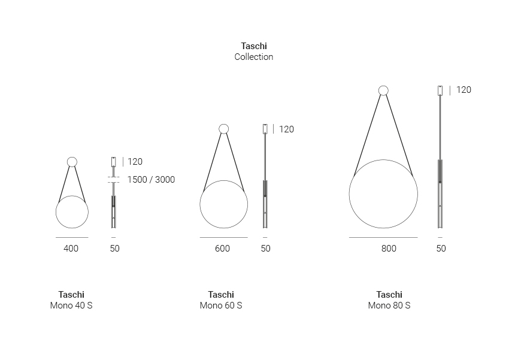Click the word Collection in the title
tap(254, 57)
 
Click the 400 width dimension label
tap(71, 249)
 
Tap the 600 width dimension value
tap(222, 249)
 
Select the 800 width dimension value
tap(389, 249)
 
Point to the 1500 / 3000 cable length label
tap(151, 180)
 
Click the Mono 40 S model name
tap(71, 305)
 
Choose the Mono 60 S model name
tap(221, 305)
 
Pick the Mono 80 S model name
tap(389, 305)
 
